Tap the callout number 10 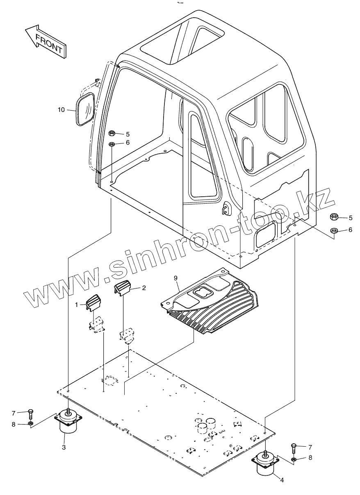[x=61, y=109]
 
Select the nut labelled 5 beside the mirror [x=112, y=134]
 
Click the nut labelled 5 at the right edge [x=334, y=217]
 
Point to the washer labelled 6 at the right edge [x=334, y=230]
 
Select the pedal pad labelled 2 [x=123, y=288]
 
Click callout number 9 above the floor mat [x=175, y=278]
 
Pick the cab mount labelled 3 [x=68, y=422]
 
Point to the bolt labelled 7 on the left [x=30, y=414]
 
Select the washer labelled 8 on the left [x=30, y=423]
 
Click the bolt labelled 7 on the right [x=294, y=448]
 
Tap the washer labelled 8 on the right [x=294, y=458]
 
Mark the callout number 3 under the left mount [x=64, y=447]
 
